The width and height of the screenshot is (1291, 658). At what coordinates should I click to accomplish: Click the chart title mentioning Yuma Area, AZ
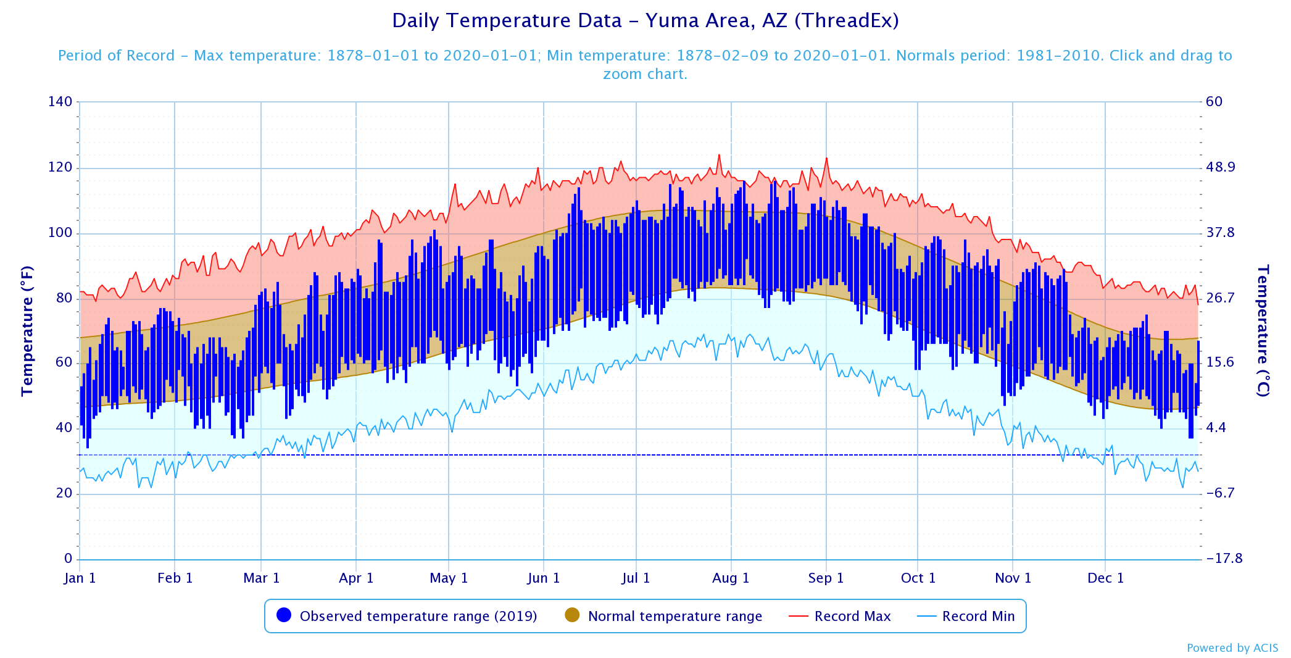[x=645, y=21]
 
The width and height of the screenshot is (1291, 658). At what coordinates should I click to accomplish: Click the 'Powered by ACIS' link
[x=1232, y=648]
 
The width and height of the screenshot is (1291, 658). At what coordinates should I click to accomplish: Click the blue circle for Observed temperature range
[x=284, y=615]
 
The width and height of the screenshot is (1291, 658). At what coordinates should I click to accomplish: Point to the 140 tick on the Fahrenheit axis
[x=60, y=102]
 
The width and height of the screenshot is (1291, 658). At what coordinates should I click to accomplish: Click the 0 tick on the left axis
[x=68, y=559]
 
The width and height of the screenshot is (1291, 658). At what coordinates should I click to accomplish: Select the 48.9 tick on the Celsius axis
[x=1220, y=167]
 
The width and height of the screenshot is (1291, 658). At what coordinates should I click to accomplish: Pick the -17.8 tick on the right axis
[x=1224, y=559]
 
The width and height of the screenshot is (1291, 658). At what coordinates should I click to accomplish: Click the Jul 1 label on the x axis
[x=636, y=578]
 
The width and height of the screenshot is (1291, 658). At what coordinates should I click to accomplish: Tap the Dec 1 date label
[x=1105, y=578]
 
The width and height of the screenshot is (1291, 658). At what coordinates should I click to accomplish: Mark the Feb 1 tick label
[x=175, y=578]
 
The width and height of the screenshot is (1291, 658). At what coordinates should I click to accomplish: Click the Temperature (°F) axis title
[x=27, y=330]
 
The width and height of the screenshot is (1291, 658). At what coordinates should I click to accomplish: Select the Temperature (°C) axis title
[x=1263, y=330]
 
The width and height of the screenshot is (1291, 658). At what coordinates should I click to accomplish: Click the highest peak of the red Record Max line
[x=719, y=155]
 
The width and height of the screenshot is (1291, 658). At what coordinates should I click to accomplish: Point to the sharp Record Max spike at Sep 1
[x=826, y=158]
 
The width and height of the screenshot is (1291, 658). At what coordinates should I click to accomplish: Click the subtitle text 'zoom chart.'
[x=645, y=74]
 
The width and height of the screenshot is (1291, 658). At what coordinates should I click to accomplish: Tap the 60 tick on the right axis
[x=1214, y=102]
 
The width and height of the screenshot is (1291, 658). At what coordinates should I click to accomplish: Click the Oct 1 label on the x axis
[x=918, y=578]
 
